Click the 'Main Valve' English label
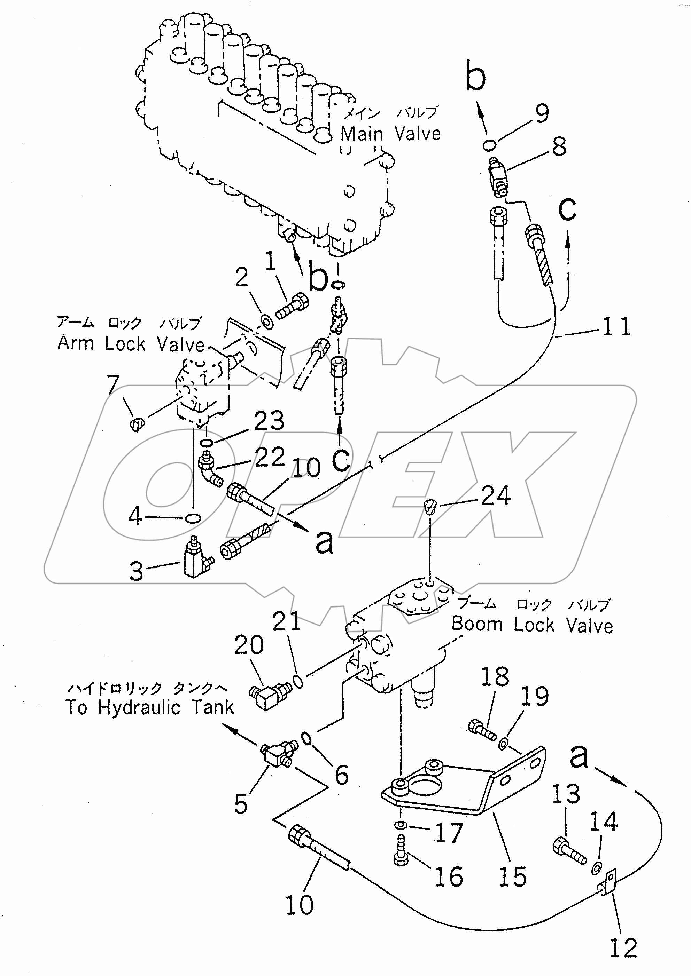pos(390,134)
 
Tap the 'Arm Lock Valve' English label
pos(131,343)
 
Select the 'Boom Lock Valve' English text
pos(532,625)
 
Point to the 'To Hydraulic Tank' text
pos(150,708)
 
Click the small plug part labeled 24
pos(430,507)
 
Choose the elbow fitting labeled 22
pos(209,471)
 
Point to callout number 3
pos(136,571)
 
